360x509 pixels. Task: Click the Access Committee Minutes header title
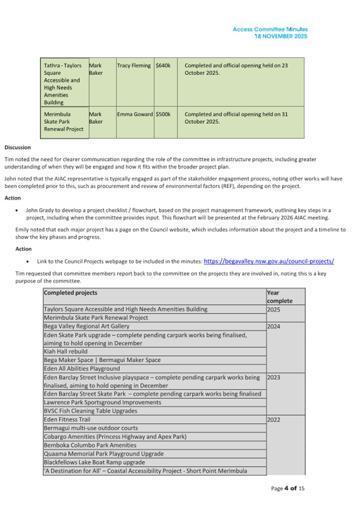[x=270, y=29]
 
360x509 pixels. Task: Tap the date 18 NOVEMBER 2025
[x=281, y=36]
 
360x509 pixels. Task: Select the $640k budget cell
[x=163, y=66]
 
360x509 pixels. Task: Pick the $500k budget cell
[x=163, y=114]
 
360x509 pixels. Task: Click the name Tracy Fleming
[x=134, y=66]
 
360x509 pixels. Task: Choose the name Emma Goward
[x=135, y=114]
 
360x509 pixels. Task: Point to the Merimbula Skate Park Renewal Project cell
[x=63, y=122]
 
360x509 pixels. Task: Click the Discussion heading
[x=18, y=148]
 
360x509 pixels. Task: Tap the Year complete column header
[x=279, y=297]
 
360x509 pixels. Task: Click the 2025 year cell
[x=274, y=309]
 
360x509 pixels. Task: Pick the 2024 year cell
[x=274, y=327]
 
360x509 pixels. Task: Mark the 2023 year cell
[x=274, y=378]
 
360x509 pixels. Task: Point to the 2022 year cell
[x=274, y=420]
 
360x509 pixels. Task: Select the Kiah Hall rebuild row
[x=67, y=352]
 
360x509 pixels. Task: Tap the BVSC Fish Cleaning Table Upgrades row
[x=90, y=411]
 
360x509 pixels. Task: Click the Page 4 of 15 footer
[x=287, y=489]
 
